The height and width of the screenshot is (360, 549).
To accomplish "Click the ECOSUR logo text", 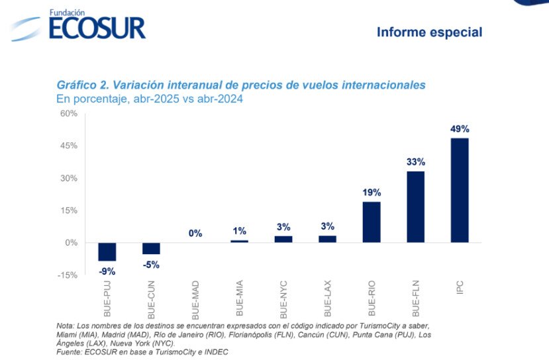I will (x=96, y=27).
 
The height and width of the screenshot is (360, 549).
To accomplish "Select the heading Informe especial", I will (x=429, y=32).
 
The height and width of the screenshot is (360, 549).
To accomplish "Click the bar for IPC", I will (x=460, y=190).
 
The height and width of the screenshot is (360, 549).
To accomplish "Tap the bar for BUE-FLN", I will (x=415, y=206).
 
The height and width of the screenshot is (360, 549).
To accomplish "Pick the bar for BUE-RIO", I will (x=372, y=222).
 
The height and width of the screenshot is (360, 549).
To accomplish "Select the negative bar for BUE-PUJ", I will (x=107, y=251).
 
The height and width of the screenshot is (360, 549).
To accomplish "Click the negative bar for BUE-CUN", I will (x=151, y=248).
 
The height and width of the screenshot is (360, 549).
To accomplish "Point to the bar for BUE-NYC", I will (x=283, y=239).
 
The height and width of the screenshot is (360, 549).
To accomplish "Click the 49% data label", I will (x=460, y=129).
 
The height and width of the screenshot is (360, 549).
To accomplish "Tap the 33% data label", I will (x=416, y=161).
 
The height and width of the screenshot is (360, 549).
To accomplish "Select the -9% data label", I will (x=107, y=270).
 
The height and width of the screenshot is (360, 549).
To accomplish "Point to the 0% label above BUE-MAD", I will (x=195, y=233).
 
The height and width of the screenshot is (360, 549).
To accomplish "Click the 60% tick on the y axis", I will (x=69, y=114).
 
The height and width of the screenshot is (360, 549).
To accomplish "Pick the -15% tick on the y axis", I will (x=68, y=275).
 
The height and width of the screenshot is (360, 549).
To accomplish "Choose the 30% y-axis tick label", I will (x=69, y=178).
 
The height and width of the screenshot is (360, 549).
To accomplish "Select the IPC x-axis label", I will (x=460, y=289).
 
